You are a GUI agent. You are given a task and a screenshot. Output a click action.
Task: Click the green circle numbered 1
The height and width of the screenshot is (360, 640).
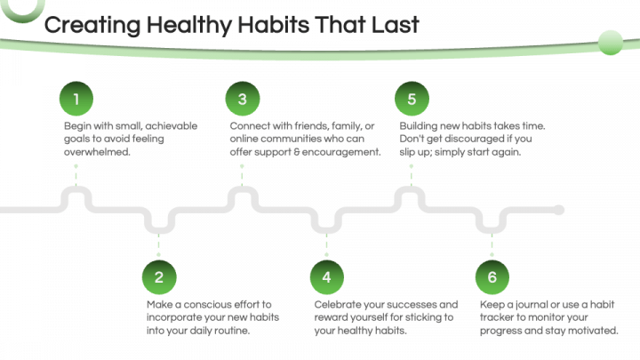click(x=76, y=99)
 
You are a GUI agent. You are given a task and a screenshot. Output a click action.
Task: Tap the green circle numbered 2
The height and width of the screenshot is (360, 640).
click(x=159, y=277)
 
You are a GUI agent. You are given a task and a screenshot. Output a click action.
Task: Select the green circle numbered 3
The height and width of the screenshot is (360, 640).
click(x=243, y=99)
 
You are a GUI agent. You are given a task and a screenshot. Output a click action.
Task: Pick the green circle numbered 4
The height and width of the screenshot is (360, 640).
click(x=326, y=277)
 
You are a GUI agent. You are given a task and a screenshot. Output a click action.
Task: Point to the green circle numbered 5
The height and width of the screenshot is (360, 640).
click(x=411, y=99)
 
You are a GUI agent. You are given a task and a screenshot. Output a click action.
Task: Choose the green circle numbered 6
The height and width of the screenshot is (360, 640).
click(x=492, y=277)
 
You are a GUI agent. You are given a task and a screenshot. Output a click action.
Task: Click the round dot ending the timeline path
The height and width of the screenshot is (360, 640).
click(x=558, y=211)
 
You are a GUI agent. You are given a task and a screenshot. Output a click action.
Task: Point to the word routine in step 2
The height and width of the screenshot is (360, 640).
click(x=229, y=331)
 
